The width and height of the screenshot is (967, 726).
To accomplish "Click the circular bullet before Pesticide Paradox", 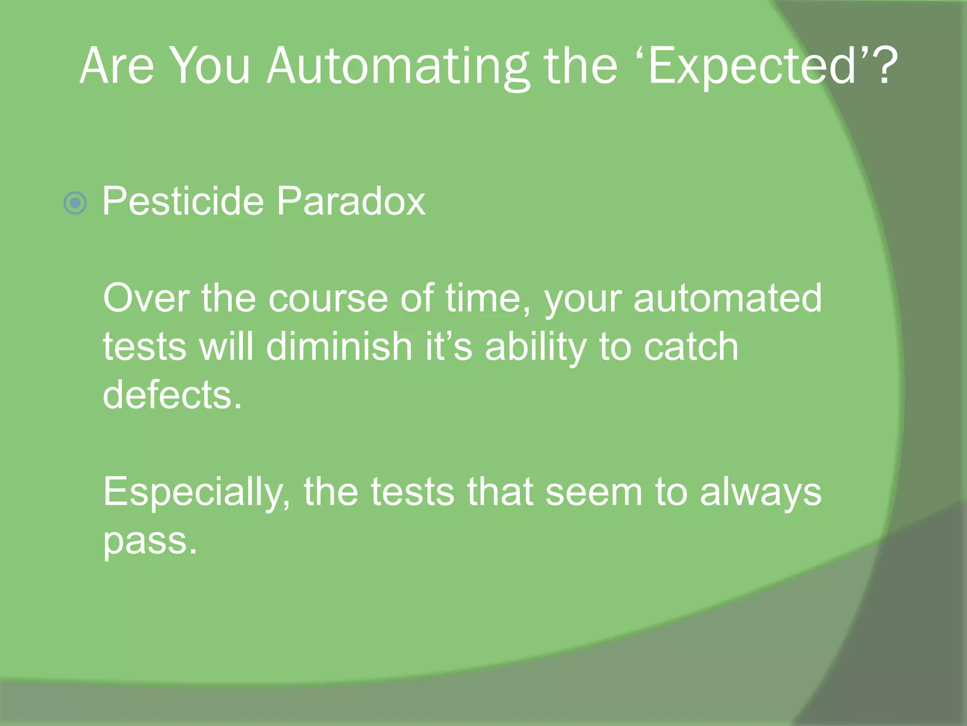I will click(75, 203).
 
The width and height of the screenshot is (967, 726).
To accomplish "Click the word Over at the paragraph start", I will click(146, 298).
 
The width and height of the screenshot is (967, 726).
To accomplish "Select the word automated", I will click(728, 298).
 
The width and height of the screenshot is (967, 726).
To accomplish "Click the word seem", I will click(594, 493).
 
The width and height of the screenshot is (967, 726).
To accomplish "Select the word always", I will click(761, 493).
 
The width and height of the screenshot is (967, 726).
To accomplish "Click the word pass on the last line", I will click(150, 541).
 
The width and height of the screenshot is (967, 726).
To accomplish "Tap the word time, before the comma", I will click(486, 298).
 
